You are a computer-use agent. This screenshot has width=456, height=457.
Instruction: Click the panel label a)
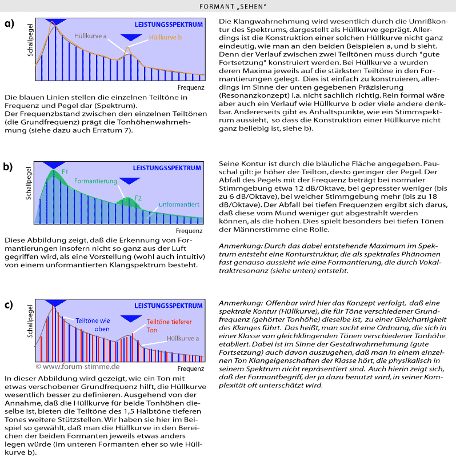(9, 23)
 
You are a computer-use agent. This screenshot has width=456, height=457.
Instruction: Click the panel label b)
(9, 167)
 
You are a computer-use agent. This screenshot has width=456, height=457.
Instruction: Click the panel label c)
(9, 304)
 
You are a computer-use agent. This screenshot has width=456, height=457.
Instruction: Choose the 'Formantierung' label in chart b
(95, 181)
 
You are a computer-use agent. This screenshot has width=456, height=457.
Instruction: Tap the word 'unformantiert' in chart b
(179, 203)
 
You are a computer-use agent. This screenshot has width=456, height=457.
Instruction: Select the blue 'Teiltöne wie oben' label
(93, 324)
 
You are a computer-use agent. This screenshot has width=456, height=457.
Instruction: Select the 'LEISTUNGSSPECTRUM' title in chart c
(168, 306)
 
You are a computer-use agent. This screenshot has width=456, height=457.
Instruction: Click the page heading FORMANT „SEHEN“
(228, 6)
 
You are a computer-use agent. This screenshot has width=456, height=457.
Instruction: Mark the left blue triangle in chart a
(55, 21)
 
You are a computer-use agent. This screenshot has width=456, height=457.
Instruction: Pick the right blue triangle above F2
(130, 182)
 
